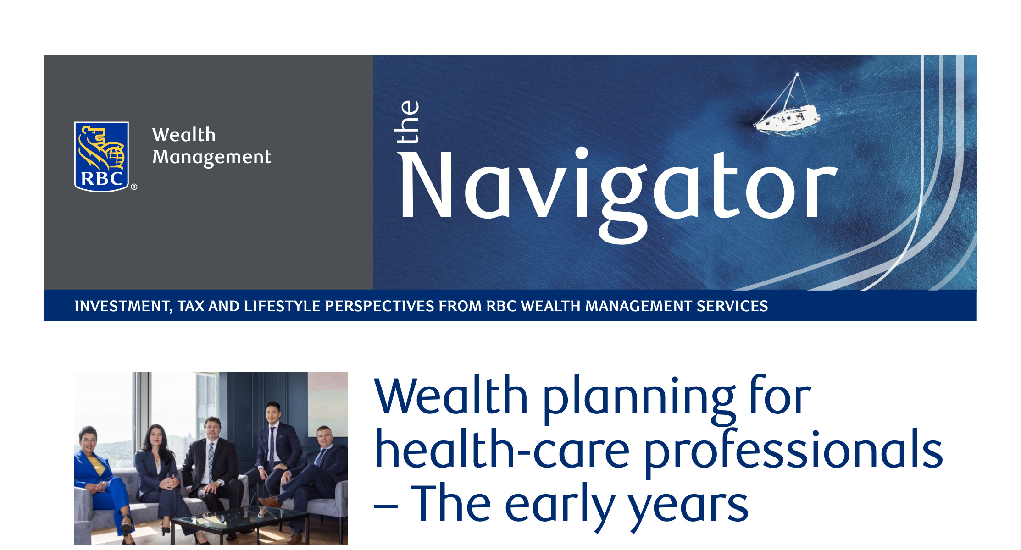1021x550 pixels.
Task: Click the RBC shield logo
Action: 101,157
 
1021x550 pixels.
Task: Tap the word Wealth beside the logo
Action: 184,135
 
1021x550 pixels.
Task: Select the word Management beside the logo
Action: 211,157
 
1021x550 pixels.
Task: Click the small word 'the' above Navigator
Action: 407,121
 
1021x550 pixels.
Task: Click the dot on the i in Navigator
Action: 582,153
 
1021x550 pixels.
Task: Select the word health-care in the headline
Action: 502,450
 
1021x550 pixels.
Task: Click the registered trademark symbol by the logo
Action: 134,187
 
